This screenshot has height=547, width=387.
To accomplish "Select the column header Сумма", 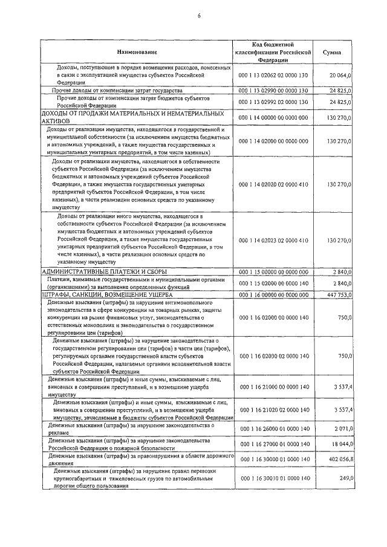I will [332, 53].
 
